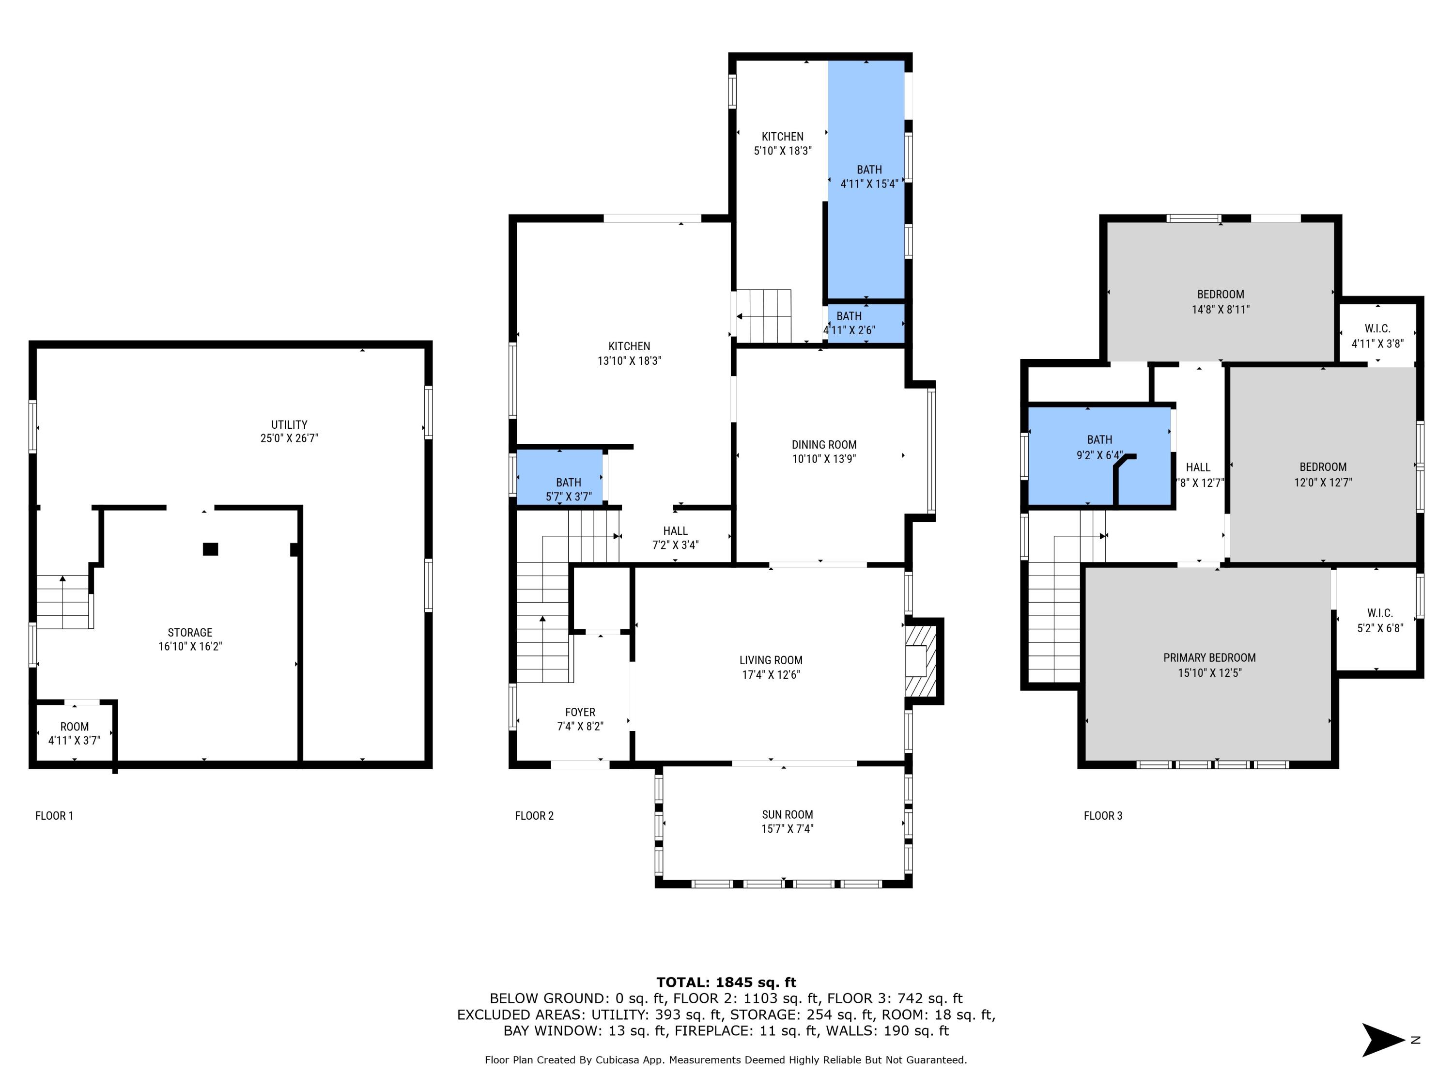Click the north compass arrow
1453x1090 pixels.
(1382, 1040)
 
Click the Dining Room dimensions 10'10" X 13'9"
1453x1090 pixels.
(824, 459)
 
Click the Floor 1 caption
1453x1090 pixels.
(54, 816)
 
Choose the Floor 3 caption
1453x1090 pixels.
(1103, 816)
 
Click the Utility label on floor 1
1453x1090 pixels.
(289, 424)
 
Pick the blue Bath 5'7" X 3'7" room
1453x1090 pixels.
(560, 478)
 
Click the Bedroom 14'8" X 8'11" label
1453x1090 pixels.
(1220, 295)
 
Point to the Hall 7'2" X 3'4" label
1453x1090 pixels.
(675, 531)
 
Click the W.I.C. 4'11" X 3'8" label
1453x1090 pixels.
(1377, 328)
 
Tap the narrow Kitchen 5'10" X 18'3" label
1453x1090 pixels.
(782, 137)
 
